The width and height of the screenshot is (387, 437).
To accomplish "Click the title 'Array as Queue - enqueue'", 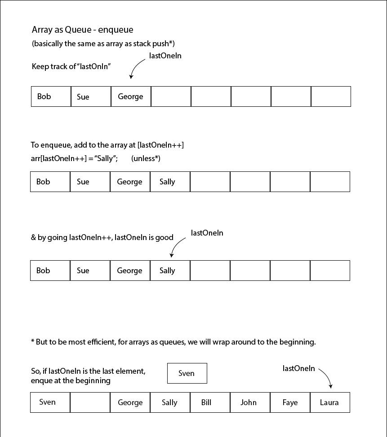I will click(82, 30).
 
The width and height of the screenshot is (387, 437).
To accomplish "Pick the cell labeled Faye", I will click(290, 402).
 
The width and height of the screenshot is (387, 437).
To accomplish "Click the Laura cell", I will click(329, 402).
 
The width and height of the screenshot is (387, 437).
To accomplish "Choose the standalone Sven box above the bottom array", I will click(187, 373).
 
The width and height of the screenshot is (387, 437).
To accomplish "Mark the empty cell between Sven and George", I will click(90, 402).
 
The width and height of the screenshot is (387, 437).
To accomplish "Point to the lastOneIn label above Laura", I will click(298, 368).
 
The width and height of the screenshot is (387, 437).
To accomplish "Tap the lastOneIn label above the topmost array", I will click(165, 56).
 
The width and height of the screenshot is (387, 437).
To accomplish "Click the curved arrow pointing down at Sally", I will click(177, 246).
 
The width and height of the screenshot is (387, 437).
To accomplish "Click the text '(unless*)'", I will click(146, 158).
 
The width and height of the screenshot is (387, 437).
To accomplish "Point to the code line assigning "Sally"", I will click(74, 158).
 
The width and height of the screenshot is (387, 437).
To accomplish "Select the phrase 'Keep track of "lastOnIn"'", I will click(71, 66).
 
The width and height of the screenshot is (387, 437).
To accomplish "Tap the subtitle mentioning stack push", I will click(103, 44).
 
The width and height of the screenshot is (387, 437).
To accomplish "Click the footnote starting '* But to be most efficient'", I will click(173, 342).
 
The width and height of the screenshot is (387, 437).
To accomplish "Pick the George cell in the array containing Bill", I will click(130, 402).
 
